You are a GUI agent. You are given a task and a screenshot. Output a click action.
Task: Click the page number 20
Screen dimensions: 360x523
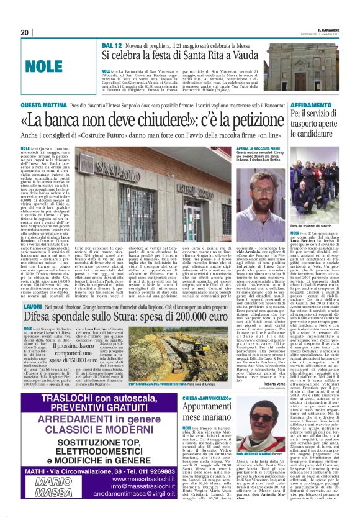(24, 32)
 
